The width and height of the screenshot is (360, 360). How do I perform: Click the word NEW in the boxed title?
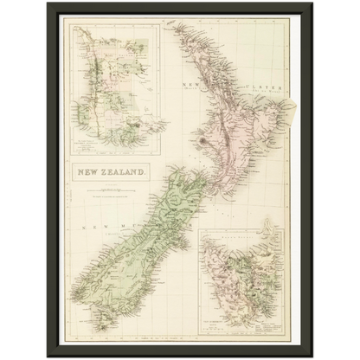[x=91, y=171]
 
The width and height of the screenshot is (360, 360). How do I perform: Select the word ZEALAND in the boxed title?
[x=125, y=171]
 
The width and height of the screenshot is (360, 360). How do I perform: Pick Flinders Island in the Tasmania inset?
[x=270, y=238]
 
